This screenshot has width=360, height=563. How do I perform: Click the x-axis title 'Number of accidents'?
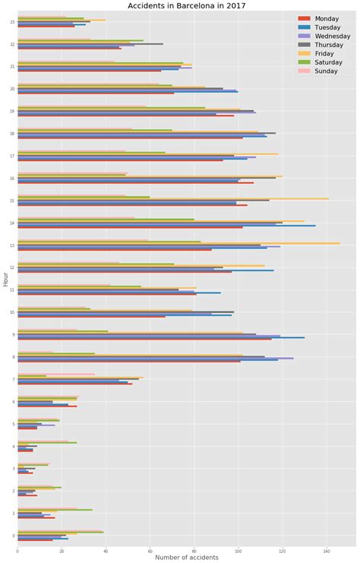tap(186, 558)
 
